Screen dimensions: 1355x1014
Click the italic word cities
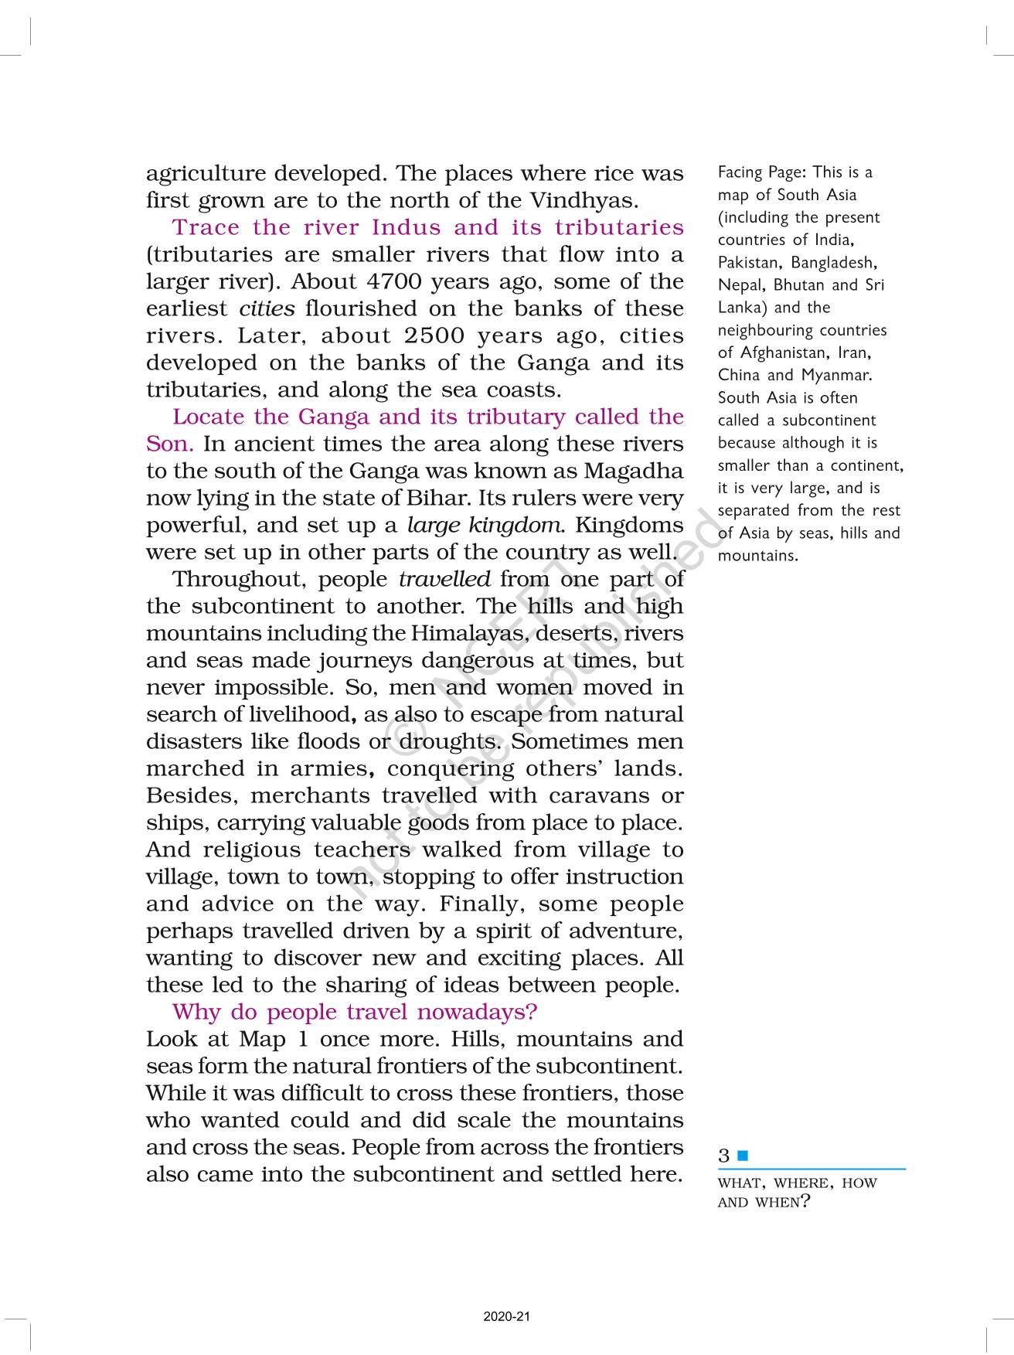[267, 309]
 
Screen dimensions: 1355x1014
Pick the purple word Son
[168, 444]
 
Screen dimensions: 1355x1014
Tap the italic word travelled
[444, 579]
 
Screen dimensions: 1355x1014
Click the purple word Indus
[407, 227]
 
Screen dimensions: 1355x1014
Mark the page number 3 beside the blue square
[723, 1156]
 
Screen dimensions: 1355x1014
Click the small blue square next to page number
[743, 1156]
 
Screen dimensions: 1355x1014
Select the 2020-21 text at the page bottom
[507, 1316]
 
